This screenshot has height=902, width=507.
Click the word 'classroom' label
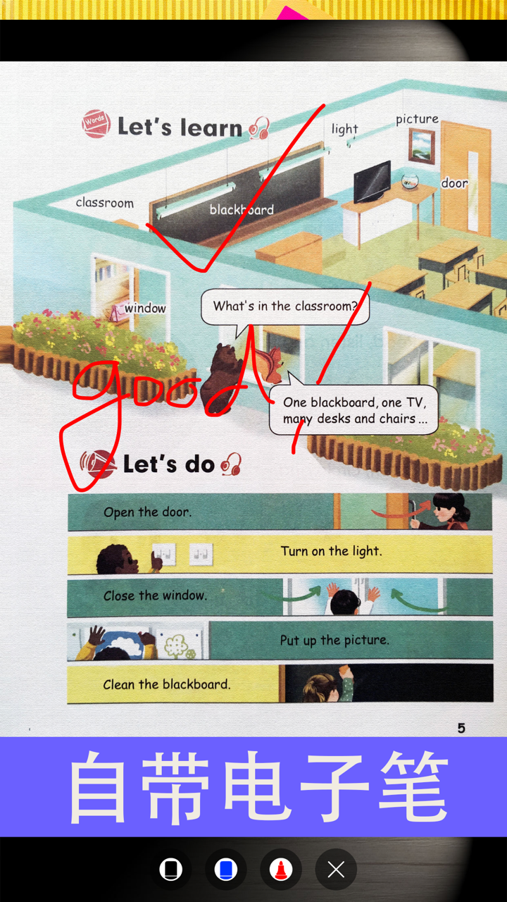tap(104, 203)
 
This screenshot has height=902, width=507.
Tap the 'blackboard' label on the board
tap(242, 209)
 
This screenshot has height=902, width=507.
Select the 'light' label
tap(345, 129)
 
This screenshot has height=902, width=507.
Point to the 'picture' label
tap(417, 119)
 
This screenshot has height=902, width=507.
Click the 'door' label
tap(454, 183)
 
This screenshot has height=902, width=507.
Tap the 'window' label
tap(145, 308)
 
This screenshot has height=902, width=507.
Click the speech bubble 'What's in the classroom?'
tap(285, 307)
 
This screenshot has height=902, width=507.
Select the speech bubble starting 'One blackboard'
tap(354, 411)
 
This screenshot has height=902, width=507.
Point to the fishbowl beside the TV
tap(410, 181)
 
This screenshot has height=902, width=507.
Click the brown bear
tap(219, 379)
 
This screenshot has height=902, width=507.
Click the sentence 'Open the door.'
tap(147, 512)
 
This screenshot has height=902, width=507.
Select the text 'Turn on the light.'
tap(331, 551)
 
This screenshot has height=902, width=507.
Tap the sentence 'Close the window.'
tap(155, 595)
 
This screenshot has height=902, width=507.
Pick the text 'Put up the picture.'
tap(334, 640)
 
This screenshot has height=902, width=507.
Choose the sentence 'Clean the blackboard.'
tap(166, 684)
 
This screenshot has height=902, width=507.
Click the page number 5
tap(461, 728)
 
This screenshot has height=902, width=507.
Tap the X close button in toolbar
tap(336, 870)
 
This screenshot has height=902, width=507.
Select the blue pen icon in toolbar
tap(226, 870)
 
